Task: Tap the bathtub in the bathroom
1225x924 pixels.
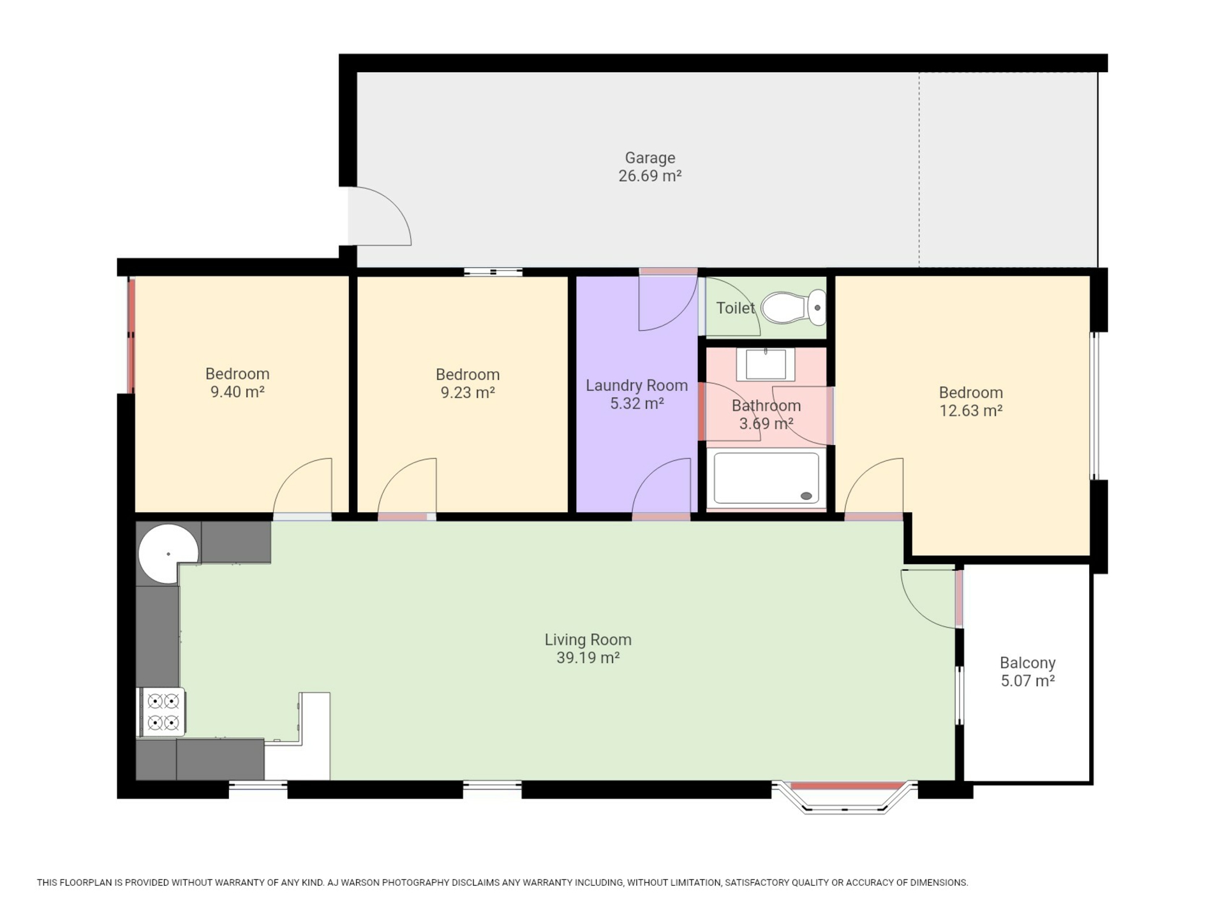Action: click(x=766, y=478)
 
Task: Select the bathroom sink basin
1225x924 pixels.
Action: click(x=766, y=364)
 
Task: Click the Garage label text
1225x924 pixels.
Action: click(x=650, y=158)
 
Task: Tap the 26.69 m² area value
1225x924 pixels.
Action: click(x=650, y=176)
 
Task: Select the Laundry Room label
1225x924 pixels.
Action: click(x=637, y=385)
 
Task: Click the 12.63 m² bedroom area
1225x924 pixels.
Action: click(x=970, y=411)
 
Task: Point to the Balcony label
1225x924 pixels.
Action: click(x=1027, y=663)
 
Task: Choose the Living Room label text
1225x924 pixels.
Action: click(x=588, y=640)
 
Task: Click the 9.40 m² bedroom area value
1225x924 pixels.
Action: click(x=237, y=392)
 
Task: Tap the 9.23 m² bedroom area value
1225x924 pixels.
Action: click(x=468, y=393)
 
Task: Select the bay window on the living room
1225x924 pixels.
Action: click(x=844, y=797)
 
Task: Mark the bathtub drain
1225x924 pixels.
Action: click(x=806, y=496)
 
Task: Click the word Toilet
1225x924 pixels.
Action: click(x=735, y=309)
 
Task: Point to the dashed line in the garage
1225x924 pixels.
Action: click(x=919, y=170)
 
